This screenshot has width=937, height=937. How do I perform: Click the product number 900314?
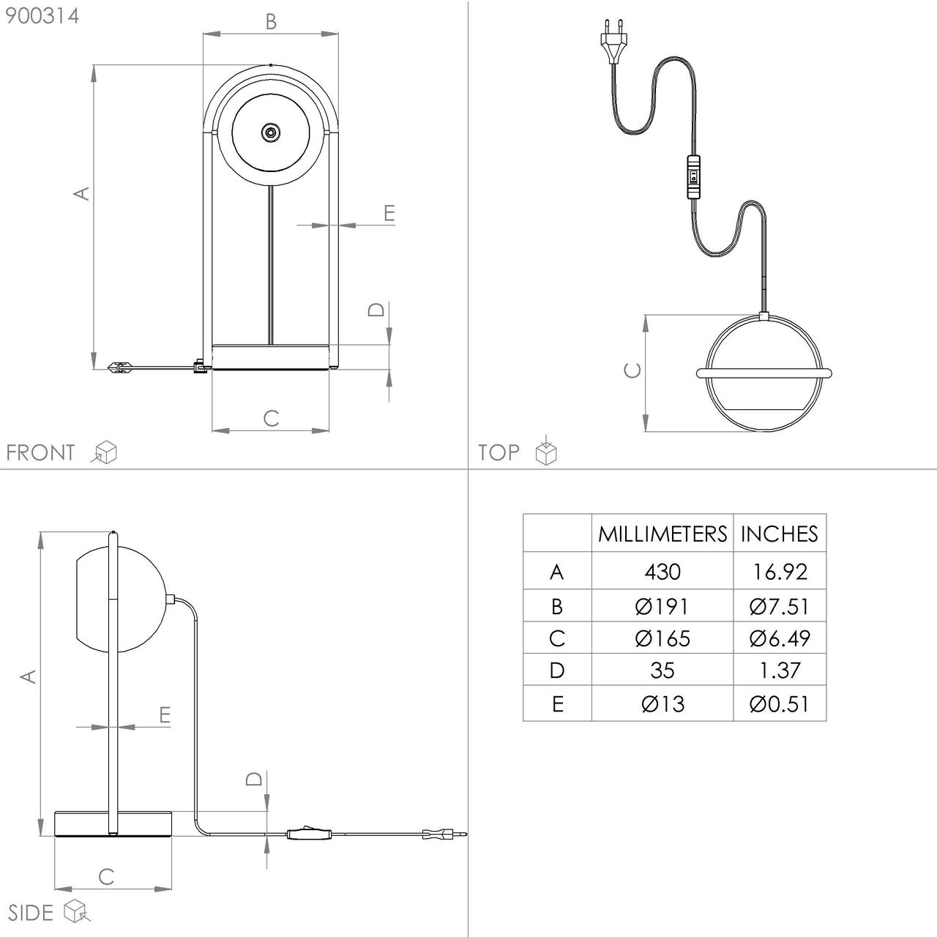42,16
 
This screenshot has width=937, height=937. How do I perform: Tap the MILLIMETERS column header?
662,534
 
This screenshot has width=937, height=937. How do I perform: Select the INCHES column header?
780,534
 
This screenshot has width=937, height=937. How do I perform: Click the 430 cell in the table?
662,572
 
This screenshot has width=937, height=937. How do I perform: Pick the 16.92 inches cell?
780,572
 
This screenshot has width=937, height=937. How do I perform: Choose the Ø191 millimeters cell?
662,606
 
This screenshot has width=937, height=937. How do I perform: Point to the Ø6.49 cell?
780,638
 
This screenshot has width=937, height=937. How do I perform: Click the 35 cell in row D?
662,671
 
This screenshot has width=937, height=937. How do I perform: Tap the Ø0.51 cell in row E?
780,703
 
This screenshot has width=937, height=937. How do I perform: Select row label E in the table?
558,703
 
